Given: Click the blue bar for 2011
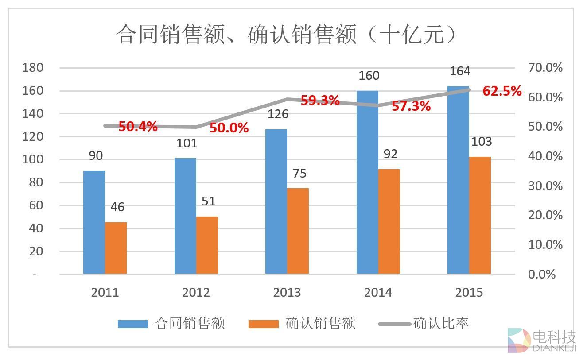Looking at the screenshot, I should pos(94,222).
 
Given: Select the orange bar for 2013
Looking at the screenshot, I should pos(298,231).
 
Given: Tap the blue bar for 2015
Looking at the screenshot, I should pos(458,180).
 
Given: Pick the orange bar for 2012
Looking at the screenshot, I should pos(207,245).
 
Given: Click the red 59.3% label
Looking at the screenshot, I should pos(320,101).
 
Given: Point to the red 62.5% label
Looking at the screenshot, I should pos(502,91).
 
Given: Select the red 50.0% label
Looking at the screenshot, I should pos(229,128).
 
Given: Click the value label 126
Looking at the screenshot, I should pos(277,114).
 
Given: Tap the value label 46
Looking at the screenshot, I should pos(117,207).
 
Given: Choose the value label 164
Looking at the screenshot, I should pos(460,71).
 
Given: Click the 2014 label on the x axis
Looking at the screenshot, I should pos(378,292).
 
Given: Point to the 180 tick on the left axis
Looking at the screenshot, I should pos(33,68).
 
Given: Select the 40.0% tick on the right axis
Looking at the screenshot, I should pos(545,156).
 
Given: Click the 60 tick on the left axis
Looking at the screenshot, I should pos(35,205).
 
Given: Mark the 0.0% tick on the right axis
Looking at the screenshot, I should pos(541,275).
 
